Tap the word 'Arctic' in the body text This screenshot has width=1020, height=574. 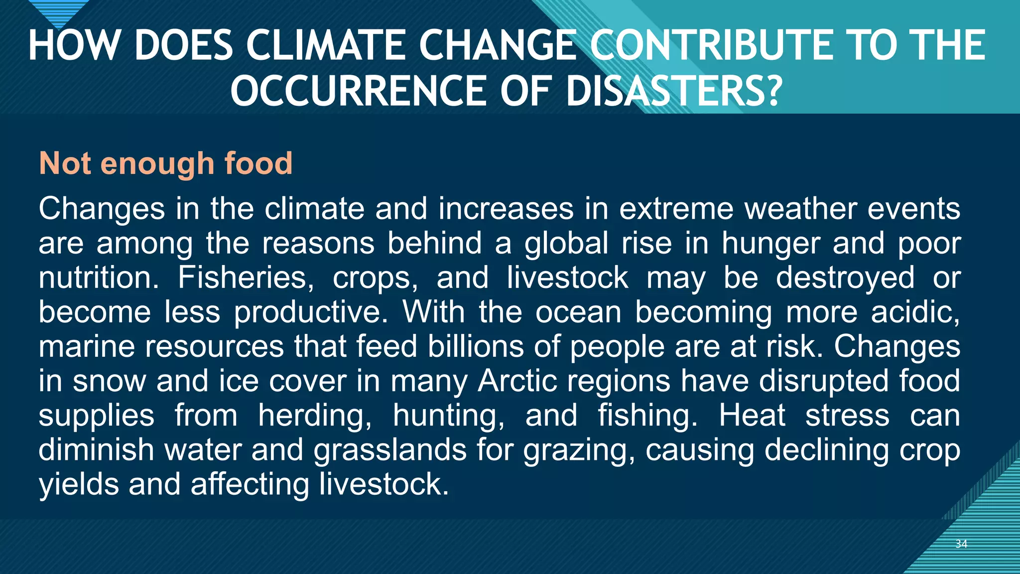[517, 381]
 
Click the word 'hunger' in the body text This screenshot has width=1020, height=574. [771, 244]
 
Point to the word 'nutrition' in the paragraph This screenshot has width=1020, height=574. [98, 277]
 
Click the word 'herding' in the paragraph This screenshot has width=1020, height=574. [314, 416]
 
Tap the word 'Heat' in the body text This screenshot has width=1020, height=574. [752, 415]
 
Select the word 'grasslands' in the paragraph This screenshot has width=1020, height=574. [390, 450]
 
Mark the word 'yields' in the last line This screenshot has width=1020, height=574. [79, 484]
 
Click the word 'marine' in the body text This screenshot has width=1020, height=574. [87, 346]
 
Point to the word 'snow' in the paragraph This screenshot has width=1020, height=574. [109, 381]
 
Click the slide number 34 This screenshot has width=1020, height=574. [961, 544]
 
